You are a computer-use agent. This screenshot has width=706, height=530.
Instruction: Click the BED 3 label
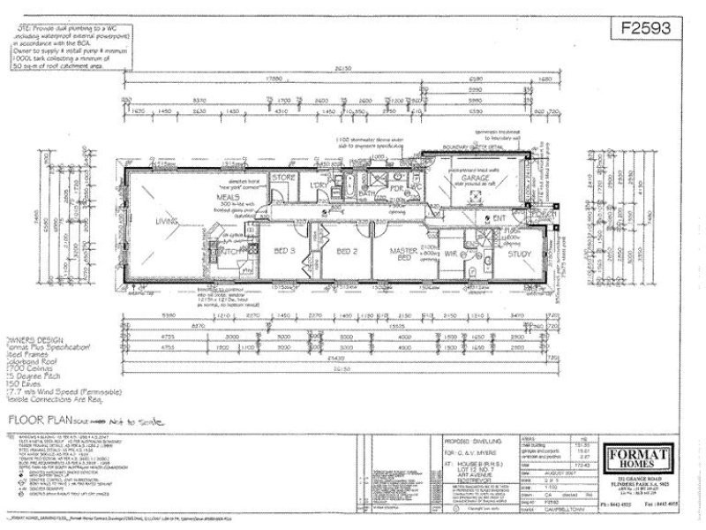[284, 252]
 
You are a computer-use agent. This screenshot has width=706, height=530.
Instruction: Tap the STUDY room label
[520, 254]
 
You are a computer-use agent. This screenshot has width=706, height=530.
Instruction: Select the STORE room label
[282, 177]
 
